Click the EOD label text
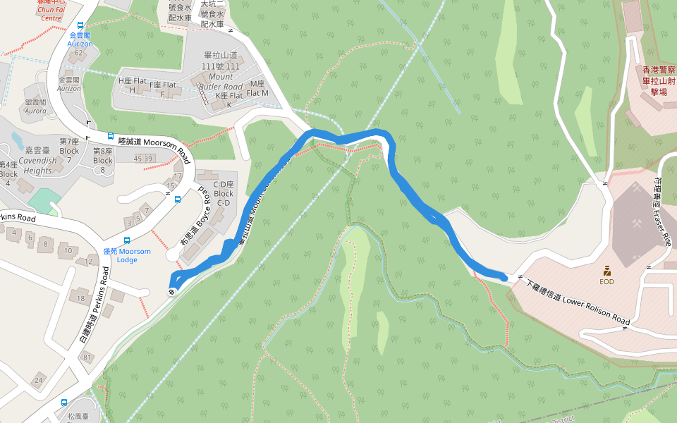pyautogui.click(x=606, y=282)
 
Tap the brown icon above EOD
pyautogui.click(x=606, y=270)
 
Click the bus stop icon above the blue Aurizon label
pyautogui.click(x=80, y=25)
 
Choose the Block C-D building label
pyautogui.click(x=224, y=193)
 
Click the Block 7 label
pyautogui.click(x=69, y=146)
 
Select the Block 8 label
pyautogui.click(x=103, y=155)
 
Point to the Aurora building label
pyautogui.click(x=35, y=106)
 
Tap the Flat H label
pyautogui.click(x=131, y=85)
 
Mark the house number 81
pyautogui.click(x=87, y=357)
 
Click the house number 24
pyautogui.click(x=38, y=381)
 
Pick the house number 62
pyautogui.click(x=79, y=53)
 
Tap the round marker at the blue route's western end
pyautogui.click(x=172, y=291)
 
